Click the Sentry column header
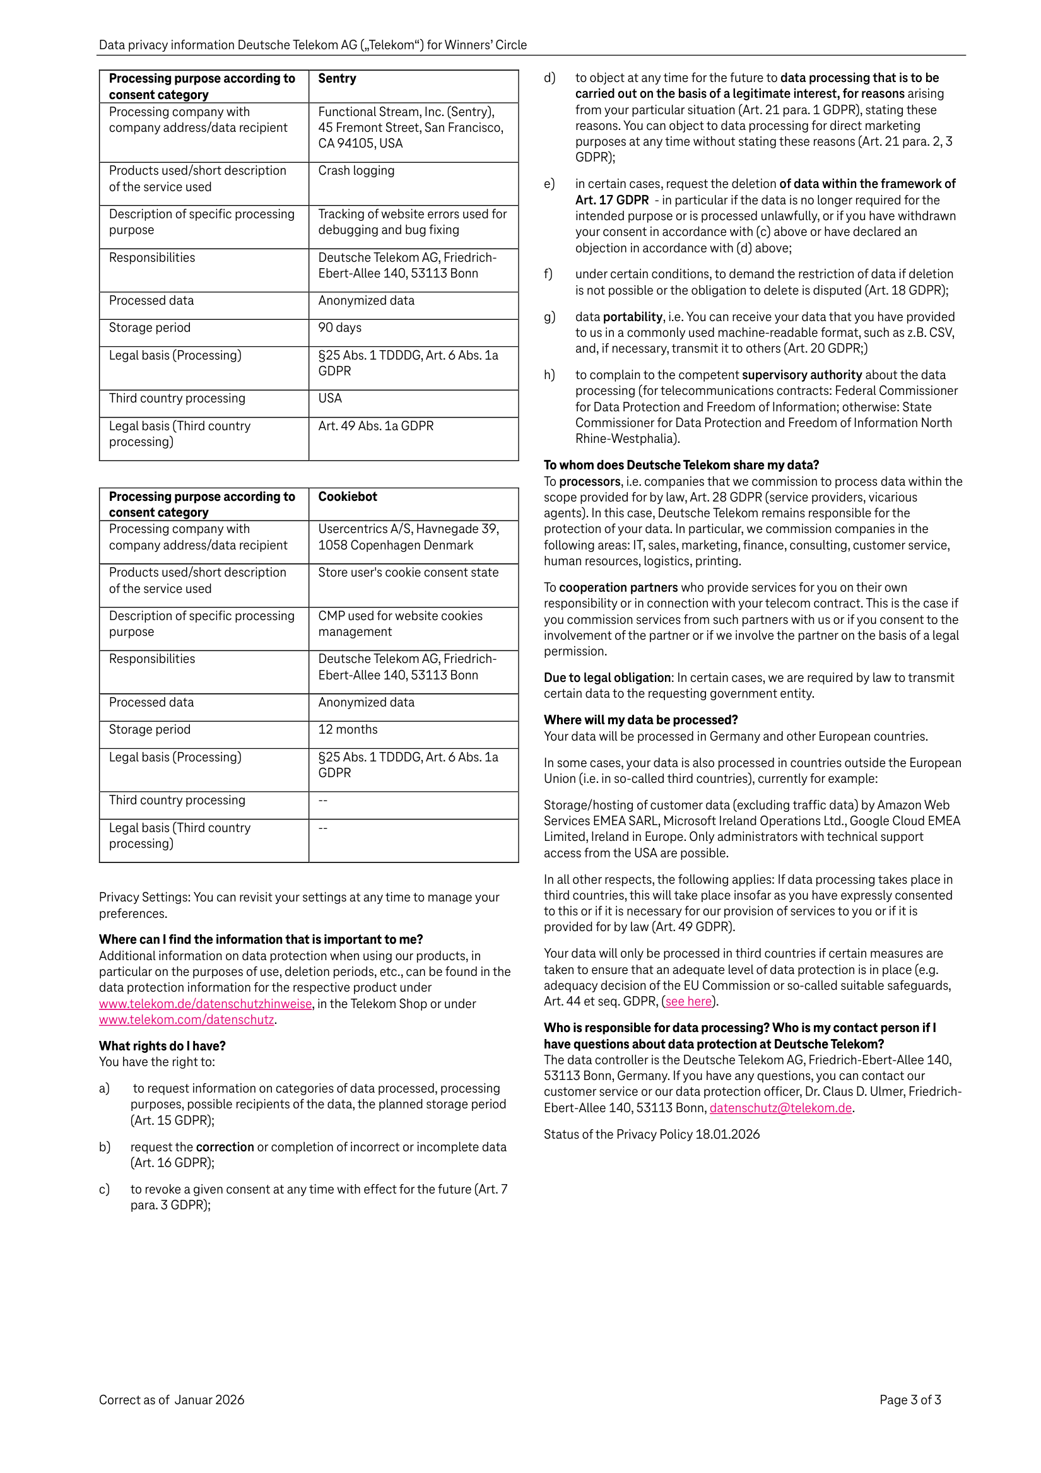point(337,78)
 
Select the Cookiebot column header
point(347,496)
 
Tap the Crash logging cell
point(356,171)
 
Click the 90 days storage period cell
point(339,328)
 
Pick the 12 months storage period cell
point(348,729)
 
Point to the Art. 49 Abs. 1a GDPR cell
point(375,426)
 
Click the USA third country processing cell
point(330,399)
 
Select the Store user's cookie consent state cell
point(408,572)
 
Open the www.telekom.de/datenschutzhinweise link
point(206,1004)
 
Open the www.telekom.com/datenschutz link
point(187,1019)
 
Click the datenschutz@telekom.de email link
point(780,1108)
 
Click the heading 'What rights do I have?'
point(162,1046)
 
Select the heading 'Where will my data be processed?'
point(640,720)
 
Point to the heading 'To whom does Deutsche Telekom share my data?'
point(681,465)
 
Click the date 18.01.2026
point(727,1134)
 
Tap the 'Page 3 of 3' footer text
point(910,1400)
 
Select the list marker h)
point(550,375)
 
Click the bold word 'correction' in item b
point(225,1147)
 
